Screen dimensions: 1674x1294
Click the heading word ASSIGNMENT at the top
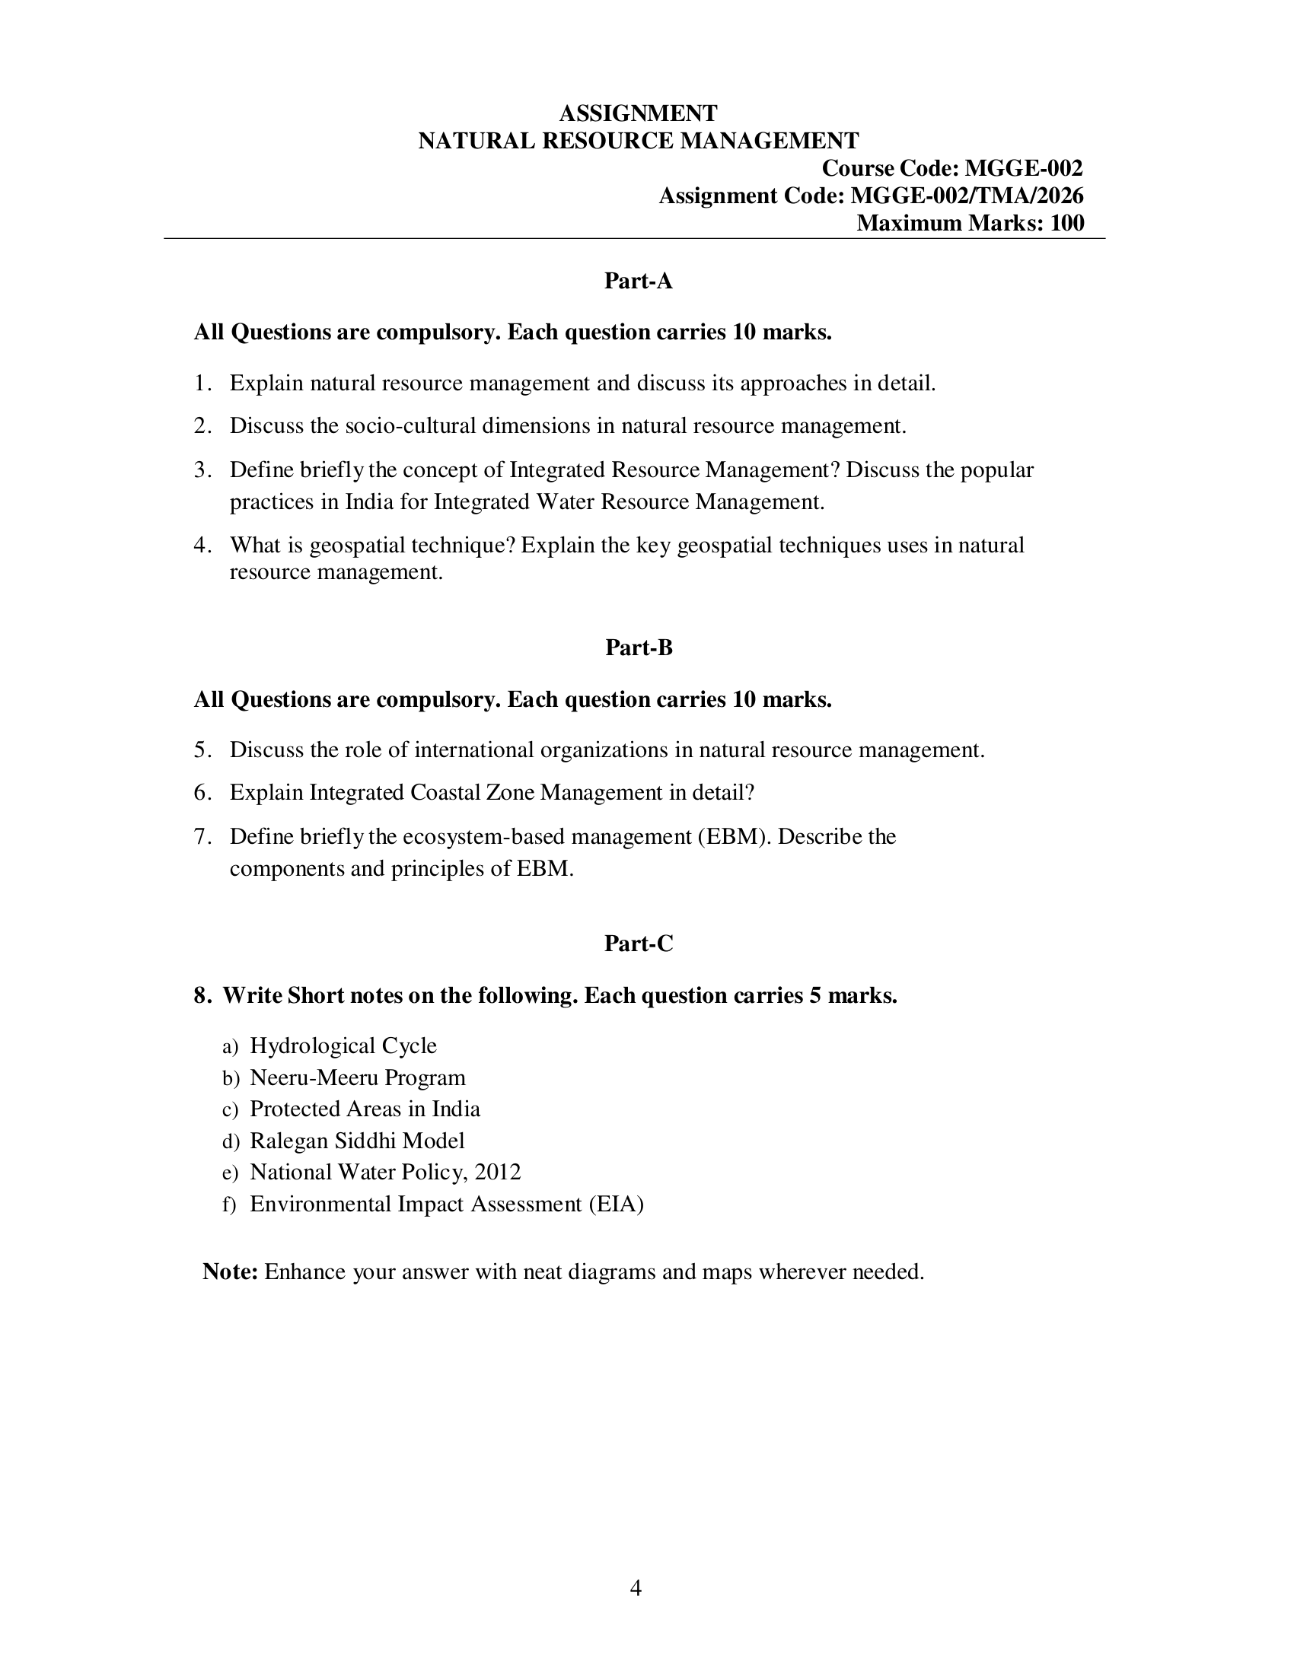[x=638, y=113]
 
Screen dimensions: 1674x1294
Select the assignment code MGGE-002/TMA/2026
[x=967, y=196]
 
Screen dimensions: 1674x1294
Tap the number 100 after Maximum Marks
[x=1067, y=223]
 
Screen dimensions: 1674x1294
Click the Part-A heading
[x=638, y=282]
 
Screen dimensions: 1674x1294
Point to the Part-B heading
[x=639, y=648]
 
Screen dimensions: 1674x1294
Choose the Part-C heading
[x=638, y=944]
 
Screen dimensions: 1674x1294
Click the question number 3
[x=202, y=469]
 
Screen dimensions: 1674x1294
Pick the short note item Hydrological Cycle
[x=343, y=1046]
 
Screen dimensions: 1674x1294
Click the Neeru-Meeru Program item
[x=357, y=1077]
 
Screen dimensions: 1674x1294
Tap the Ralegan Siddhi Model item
[x=357, y=1141]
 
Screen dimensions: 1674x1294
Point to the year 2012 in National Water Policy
[x=498, y=1173]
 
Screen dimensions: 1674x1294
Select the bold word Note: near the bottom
[x=230, y=1272]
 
